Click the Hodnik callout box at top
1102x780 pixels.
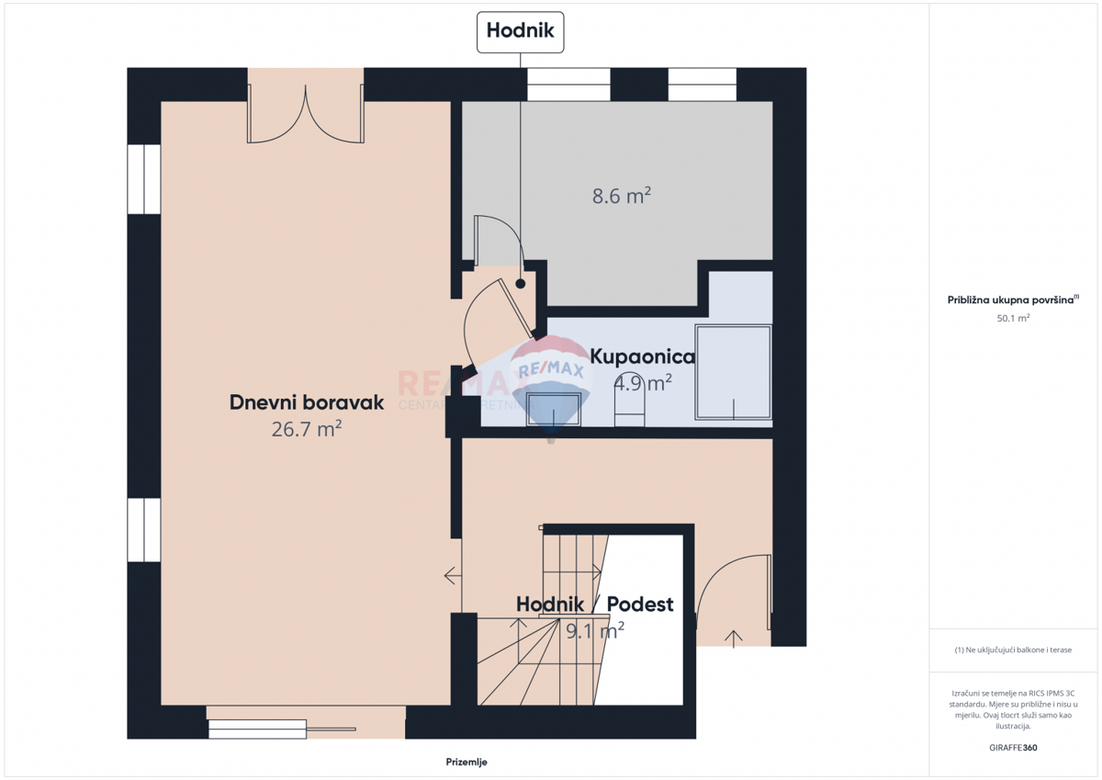[520, 31]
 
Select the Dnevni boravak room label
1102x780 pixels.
[306, 401]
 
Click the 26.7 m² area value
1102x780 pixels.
[307, 428]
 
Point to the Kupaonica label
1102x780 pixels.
[642, 356]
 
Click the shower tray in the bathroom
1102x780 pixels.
[733, 372]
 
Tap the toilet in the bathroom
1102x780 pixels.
[629, 404]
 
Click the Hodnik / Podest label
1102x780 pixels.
[594, 605]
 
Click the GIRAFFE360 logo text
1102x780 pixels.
[1013, 748]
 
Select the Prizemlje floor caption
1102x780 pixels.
[466, 762]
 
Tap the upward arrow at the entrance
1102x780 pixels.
[734, 639]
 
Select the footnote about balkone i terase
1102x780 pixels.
[1013, 650]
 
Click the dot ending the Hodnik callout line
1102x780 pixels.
[521, 284]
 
